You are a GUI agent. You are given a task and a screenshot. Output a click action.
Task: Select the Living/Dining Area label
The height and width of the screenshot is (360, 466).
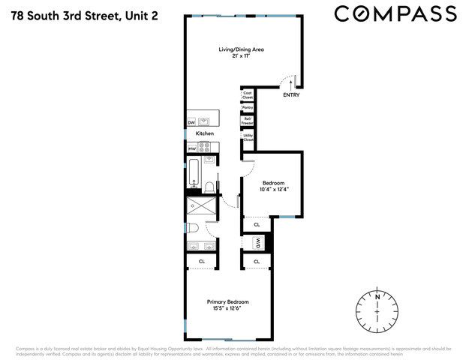[241, 49]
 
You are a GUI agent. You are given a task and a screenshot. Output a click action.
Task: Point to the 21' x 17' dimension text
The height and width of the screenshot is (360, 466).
[241, 56]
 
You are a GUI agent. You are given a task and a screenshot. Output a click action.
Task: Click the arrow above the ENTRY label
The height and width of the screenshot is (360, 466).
[290, 85]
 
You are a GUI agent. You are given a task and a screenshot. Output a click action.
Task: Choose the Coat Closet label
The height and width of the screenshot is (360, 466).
[247, 95]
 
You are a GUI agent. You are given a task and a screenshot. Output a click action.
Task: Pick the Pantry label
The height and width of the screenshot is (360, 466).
[247, 107]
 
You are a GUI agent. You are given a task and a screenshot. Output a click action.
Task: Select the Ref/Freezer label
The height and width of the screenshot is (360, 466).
[247, 120]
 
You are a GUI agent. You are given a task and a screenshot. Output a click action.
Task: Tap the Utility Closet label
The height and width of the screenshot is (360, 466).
[247, 137]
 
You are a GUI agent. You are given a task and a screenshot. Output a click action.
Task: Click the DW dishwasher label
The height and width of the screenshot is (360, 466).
[191, 122]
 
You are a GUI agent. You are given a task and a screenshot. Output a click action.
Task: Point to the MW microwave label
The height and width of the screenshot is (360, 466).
[191, 148]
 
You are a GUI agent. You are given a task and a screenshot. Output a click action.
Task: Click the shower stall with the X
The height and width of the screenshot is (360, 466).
[201, 204]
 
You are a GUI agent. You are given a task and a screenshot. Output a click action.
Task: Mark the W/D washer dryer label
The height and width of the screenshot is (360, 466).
[257, 243]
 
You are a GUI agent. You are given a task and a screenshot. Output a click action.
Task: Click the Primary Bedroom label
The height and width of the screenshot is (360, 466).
[228, 301]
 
